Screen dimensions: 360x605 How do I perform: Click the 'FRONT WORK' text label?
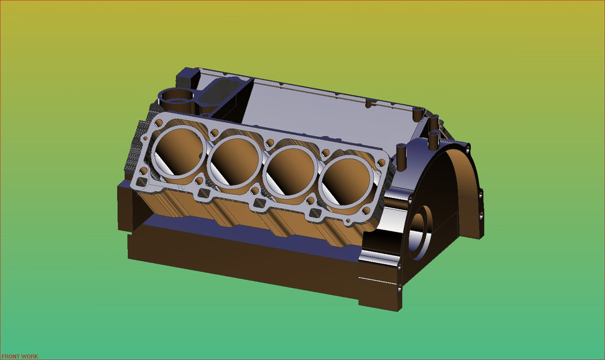pyautogui.click(x=20, y=356)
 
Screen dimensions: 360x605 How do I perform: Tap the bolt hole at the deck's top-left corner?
pyautogui.click(x=163, y=121)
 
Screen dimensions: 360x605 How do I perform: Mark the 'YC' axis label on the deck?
pyautogui.click(x=181, y=187)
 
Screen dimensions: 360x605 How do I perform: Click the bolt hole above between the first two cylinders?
pyautogui.click(x=215, y=132)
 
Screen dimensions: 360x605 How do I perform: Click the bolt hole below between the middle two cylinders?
pyautogui.click(x=255, y=189)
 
